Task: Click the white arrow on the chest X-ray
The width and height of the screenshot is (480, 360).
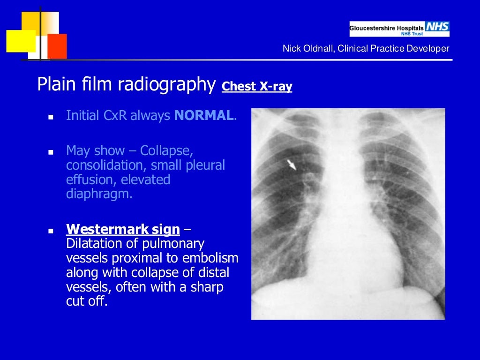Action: click(292, 164)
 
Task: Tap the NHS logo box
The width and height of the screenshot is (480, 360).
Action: click(437, 27)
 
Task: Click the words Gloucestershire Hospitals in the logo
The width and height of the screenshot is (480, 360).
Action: click(386, 28)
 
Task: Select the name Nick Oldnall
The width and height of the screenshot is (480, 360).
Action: click(307, 48)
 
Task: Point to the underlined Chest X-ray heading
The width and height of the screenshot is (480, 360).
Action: click(257, 86)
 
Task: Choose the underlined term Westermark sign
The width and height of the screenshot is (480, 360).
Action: click(123, 230)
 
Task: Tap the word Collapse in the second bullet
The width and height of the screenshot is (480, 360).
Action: click(167, 151)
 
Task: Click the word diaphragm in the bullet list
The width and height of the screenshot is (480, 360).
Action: click(99, 194)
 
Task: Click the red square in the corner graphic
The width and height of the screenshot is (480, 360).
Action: click(57, 46)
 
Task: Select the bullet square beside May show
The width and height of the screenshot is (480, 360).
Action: click(51, 152)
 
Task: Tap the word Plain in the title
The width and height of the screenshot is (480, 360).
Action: click(53, 84)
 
